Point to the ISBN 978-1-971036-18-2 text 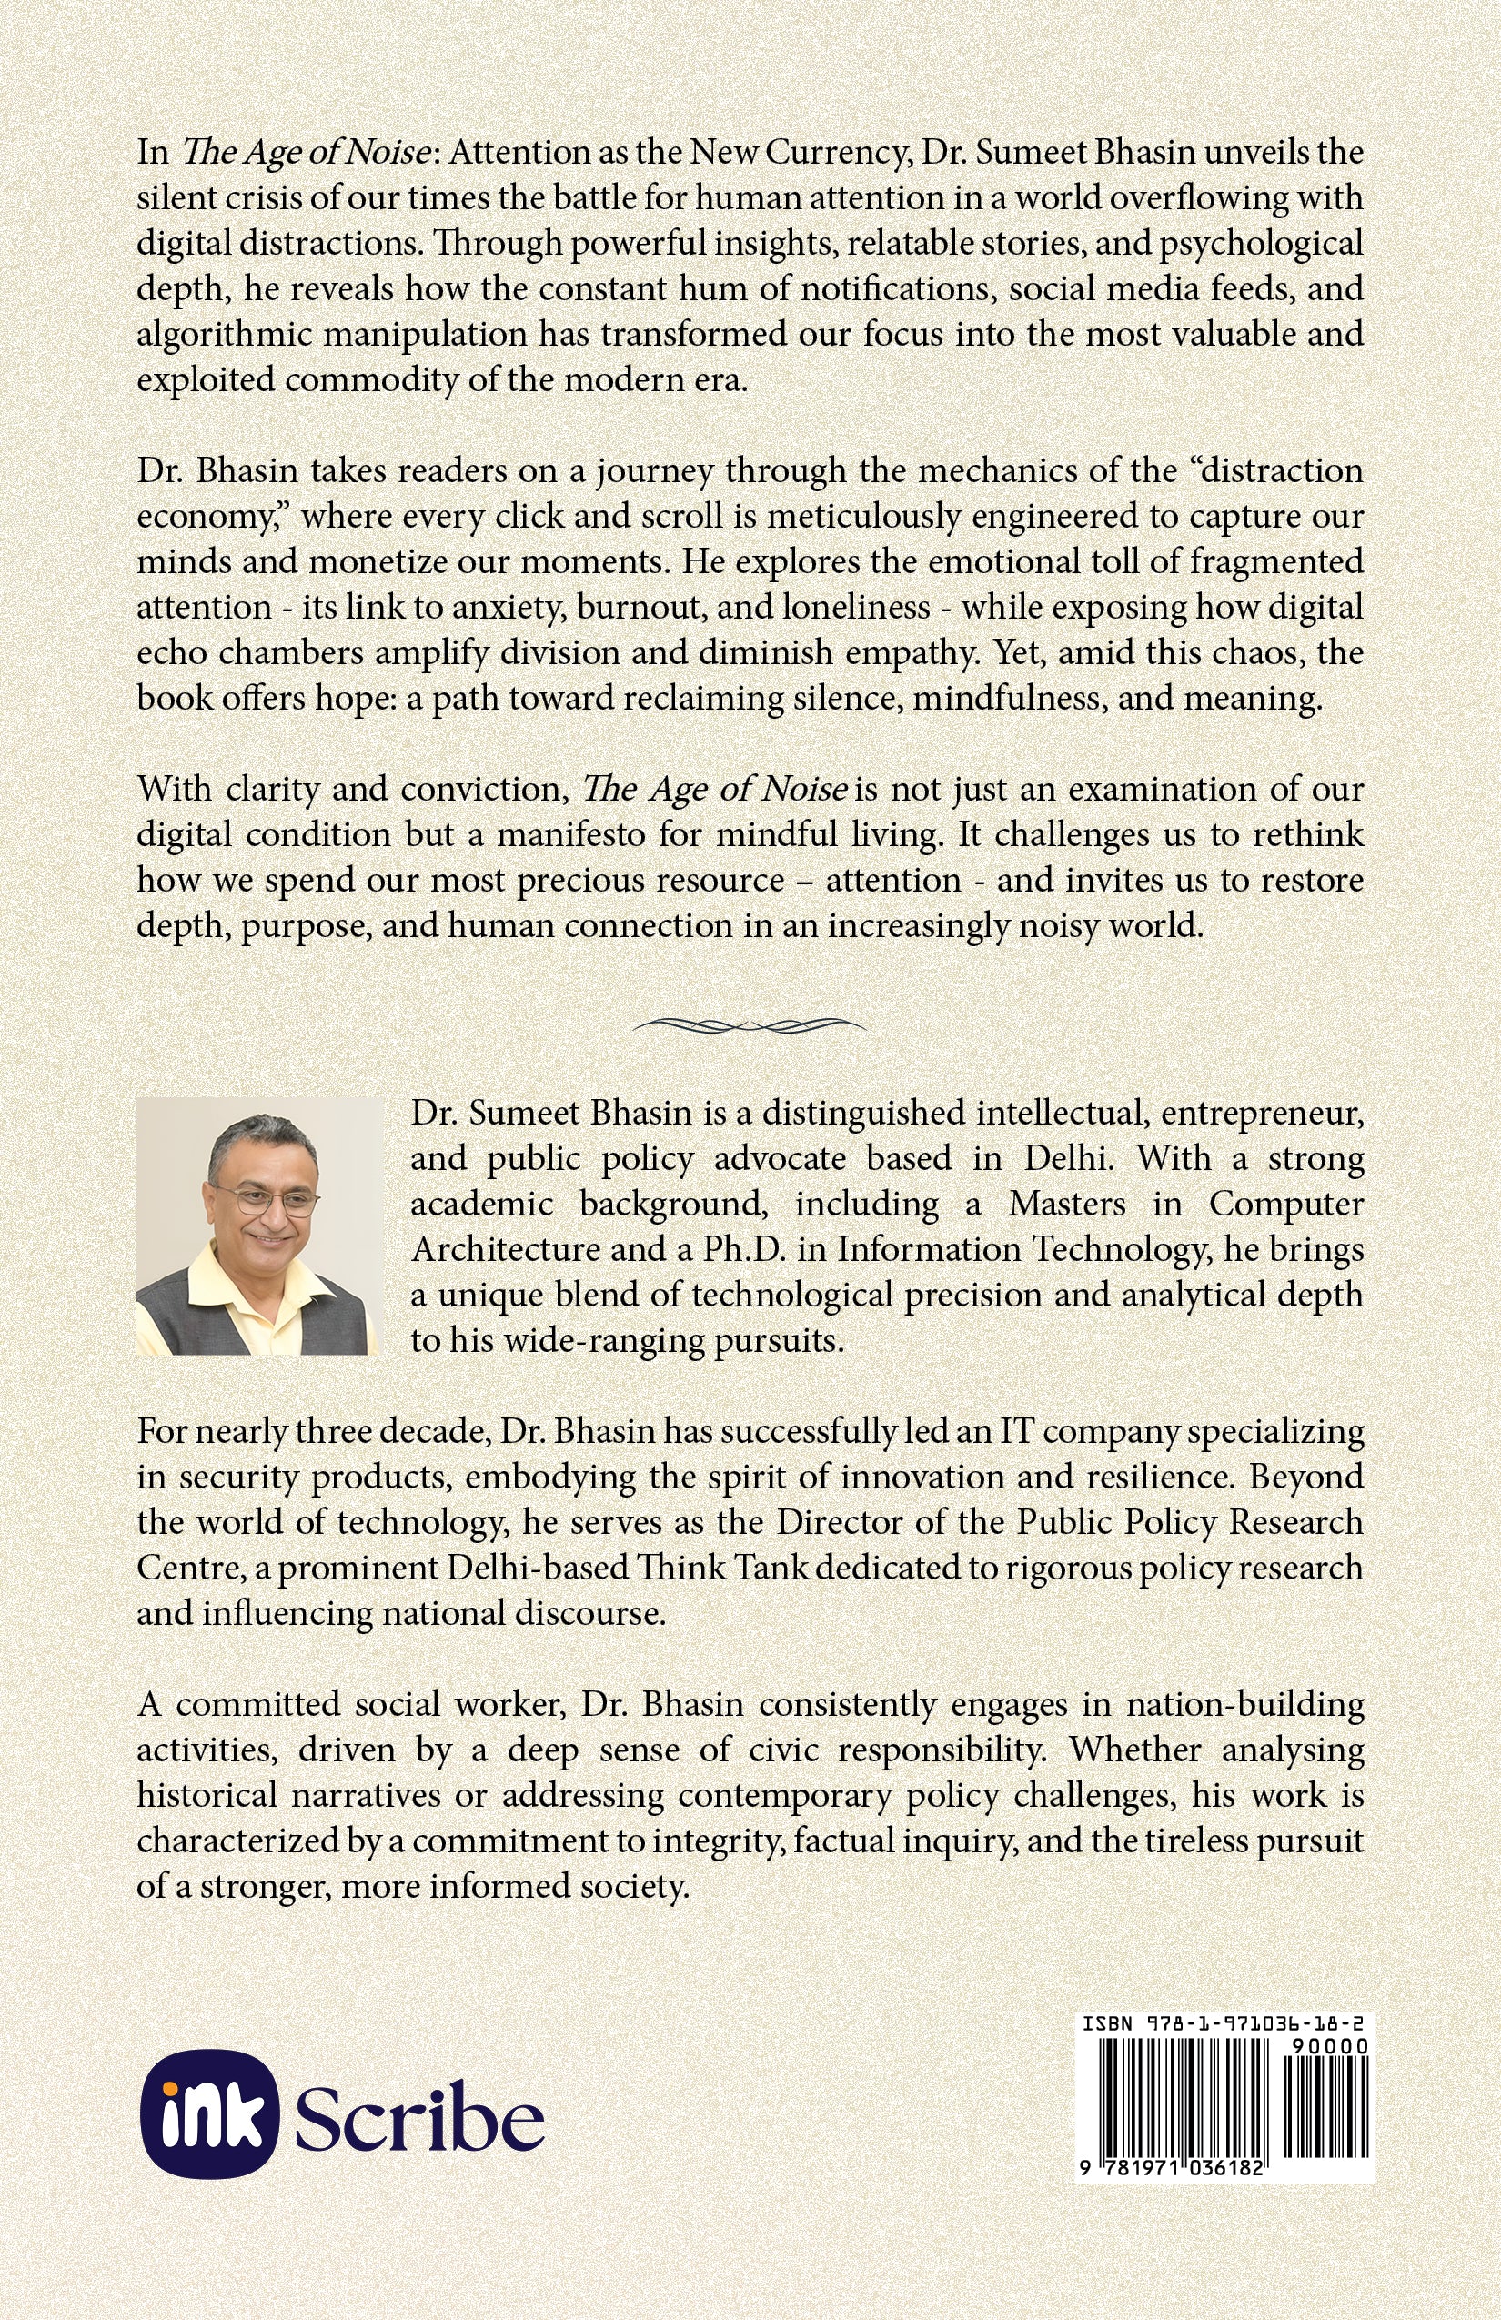click(1224, 2025)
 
